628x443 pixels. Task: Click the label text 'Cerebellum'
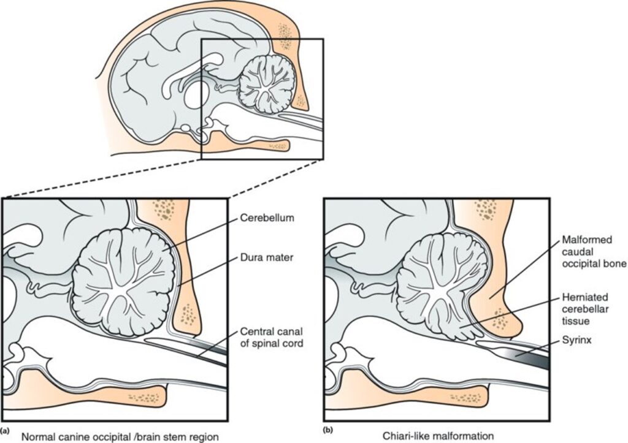point(267,218)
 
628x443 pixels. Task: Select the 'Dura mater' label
point(267,257)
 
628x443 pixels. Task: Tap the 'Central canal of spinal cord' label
point(272,338)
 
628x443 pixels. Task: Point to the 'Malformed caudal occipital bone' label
point(594,252)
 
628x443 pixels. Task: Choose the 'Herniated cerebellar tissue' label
point(586,309)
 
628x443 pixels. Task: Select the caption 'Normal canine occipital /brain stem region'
point(120,436)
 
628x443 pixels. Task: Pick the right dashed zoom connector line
point(277,178)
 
